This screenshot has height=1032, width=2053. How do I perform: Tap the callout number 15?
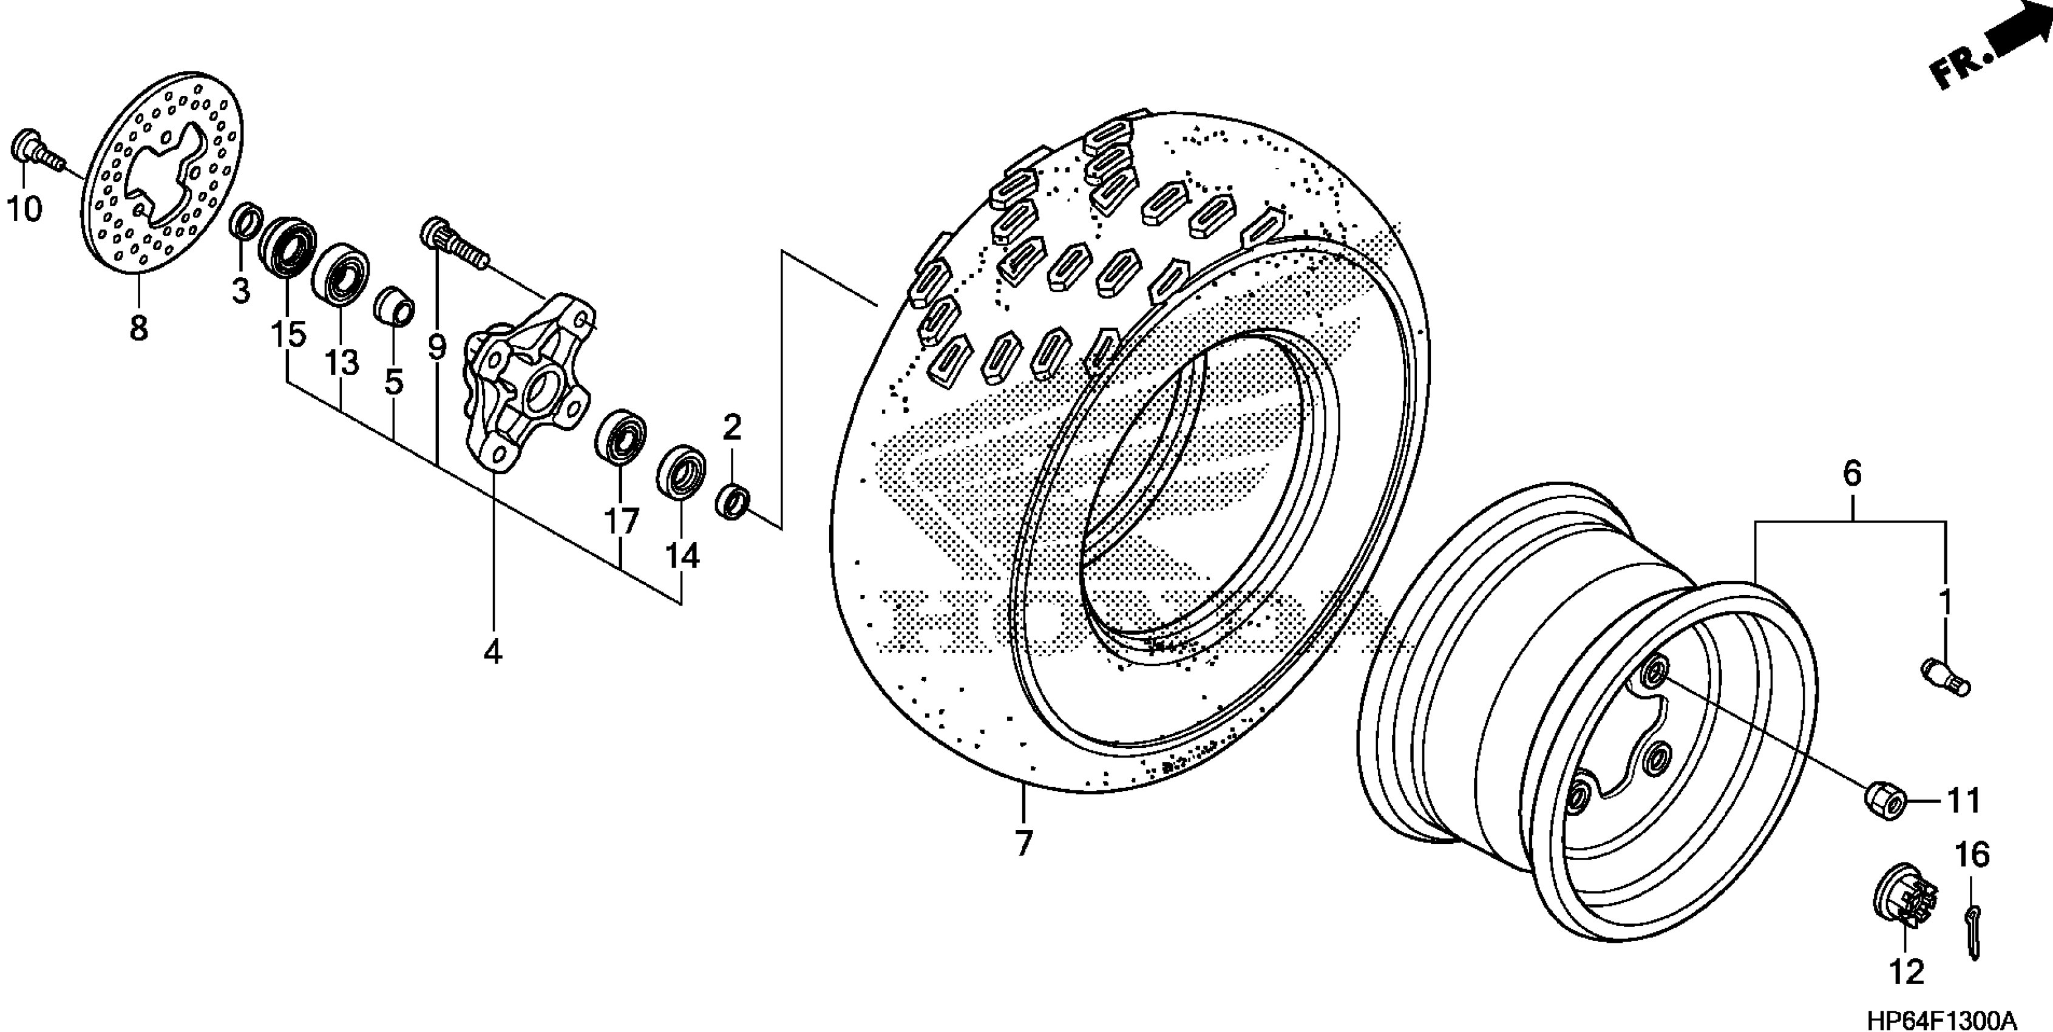tap(287, 334)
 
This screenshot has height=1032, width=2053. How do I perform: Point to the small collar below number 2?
tap(733, 500)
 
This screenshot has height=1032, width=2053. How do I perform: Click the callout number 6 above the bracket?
tap(1851, 474)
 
